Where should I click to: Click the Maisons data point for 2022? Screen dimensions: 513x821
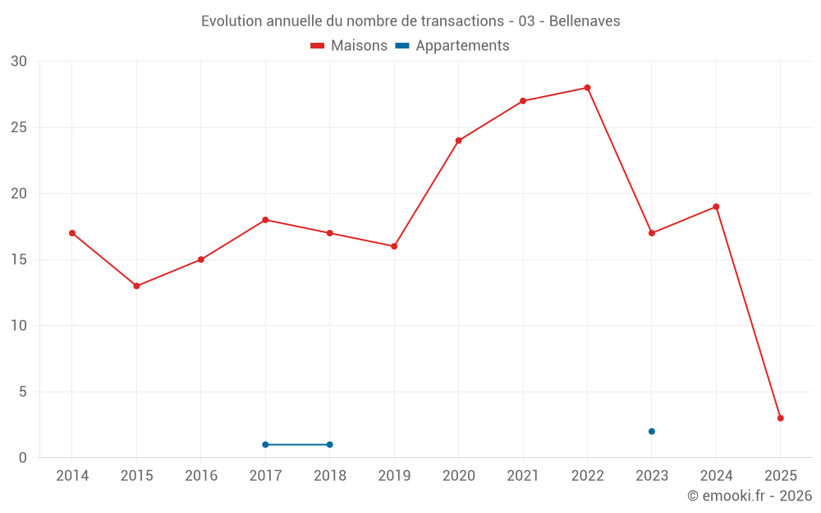(587, 88)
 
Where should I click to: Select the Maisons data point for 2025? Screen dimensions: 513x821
(780, 418)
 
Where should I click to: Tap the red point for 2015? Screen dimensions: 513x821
(136, 286)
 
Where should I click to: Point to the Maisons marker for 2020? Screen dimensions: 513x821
(458, 140)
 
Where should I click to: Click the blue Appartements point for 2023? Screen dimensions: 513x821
(651, 431)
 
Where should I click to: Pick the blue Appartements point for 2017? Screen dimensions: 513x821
(265, 444)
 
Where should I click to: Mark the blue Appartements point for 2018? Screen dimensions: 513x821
(329, 444)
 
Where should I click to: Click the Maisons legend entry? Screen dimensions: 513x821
(349, 46)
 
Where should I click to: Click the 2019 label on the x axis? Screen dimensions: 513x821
(394, 475)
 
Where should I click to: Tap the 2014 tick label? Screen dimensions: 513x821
(72, 475)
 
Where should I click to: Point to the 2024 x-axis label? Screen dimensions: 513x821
(716, 475)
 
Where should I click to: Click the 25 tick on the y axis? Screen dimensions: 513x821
(19, 127)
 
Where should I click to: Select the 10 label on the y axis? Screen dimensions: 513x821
(19, 325)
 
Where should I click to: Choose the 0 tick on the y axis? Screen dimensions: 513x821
(23, 457)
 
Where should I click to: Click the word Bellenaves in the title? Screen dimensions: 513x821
(584, 21)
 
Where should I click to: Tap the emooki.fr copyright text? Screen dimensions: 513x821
(750, 496)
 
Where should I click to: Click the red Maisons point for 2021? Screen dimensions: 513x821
(522, 101)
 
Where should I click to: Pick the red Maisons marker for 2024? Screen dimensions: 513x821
(716, 207)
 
